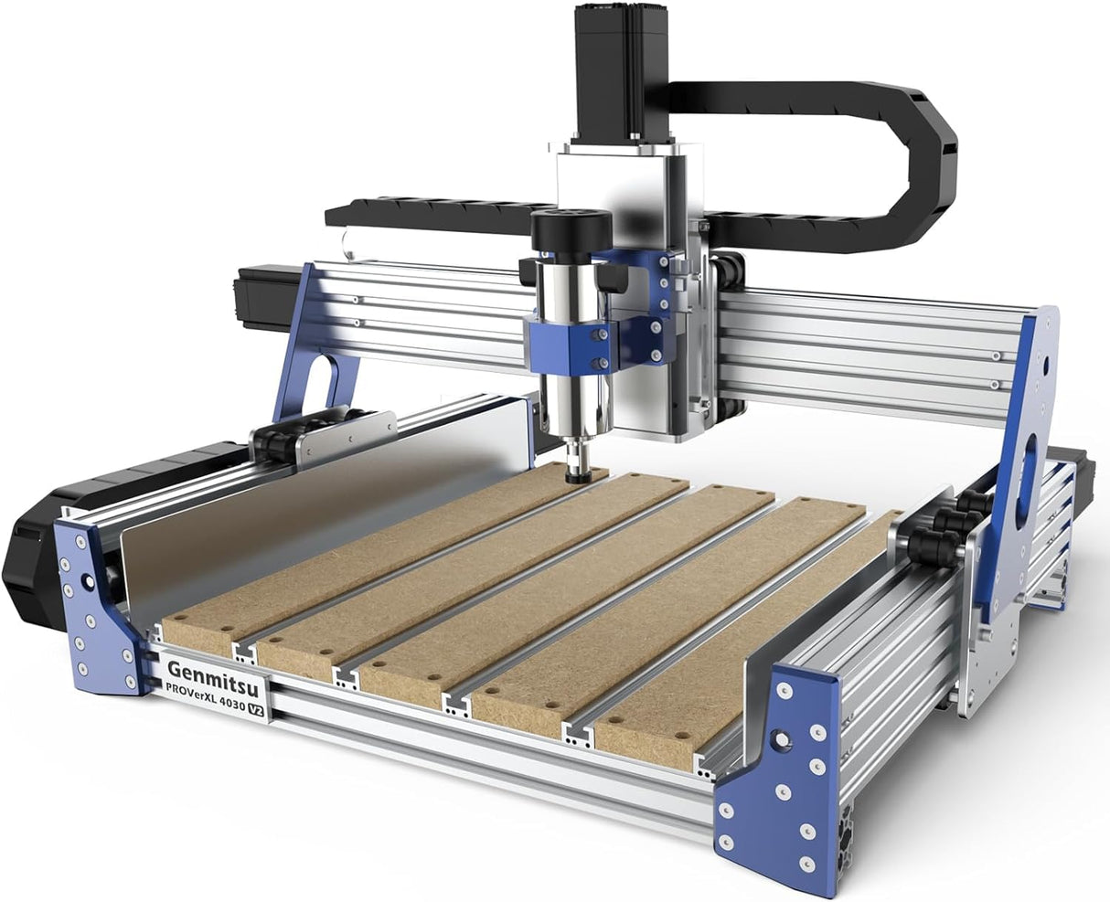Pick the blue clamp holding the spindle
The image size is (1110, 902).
[565, 339]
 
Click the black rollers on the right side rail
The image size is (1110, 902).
[942, 530]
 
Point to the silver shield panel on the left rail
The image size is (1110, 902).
[311, 512]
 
